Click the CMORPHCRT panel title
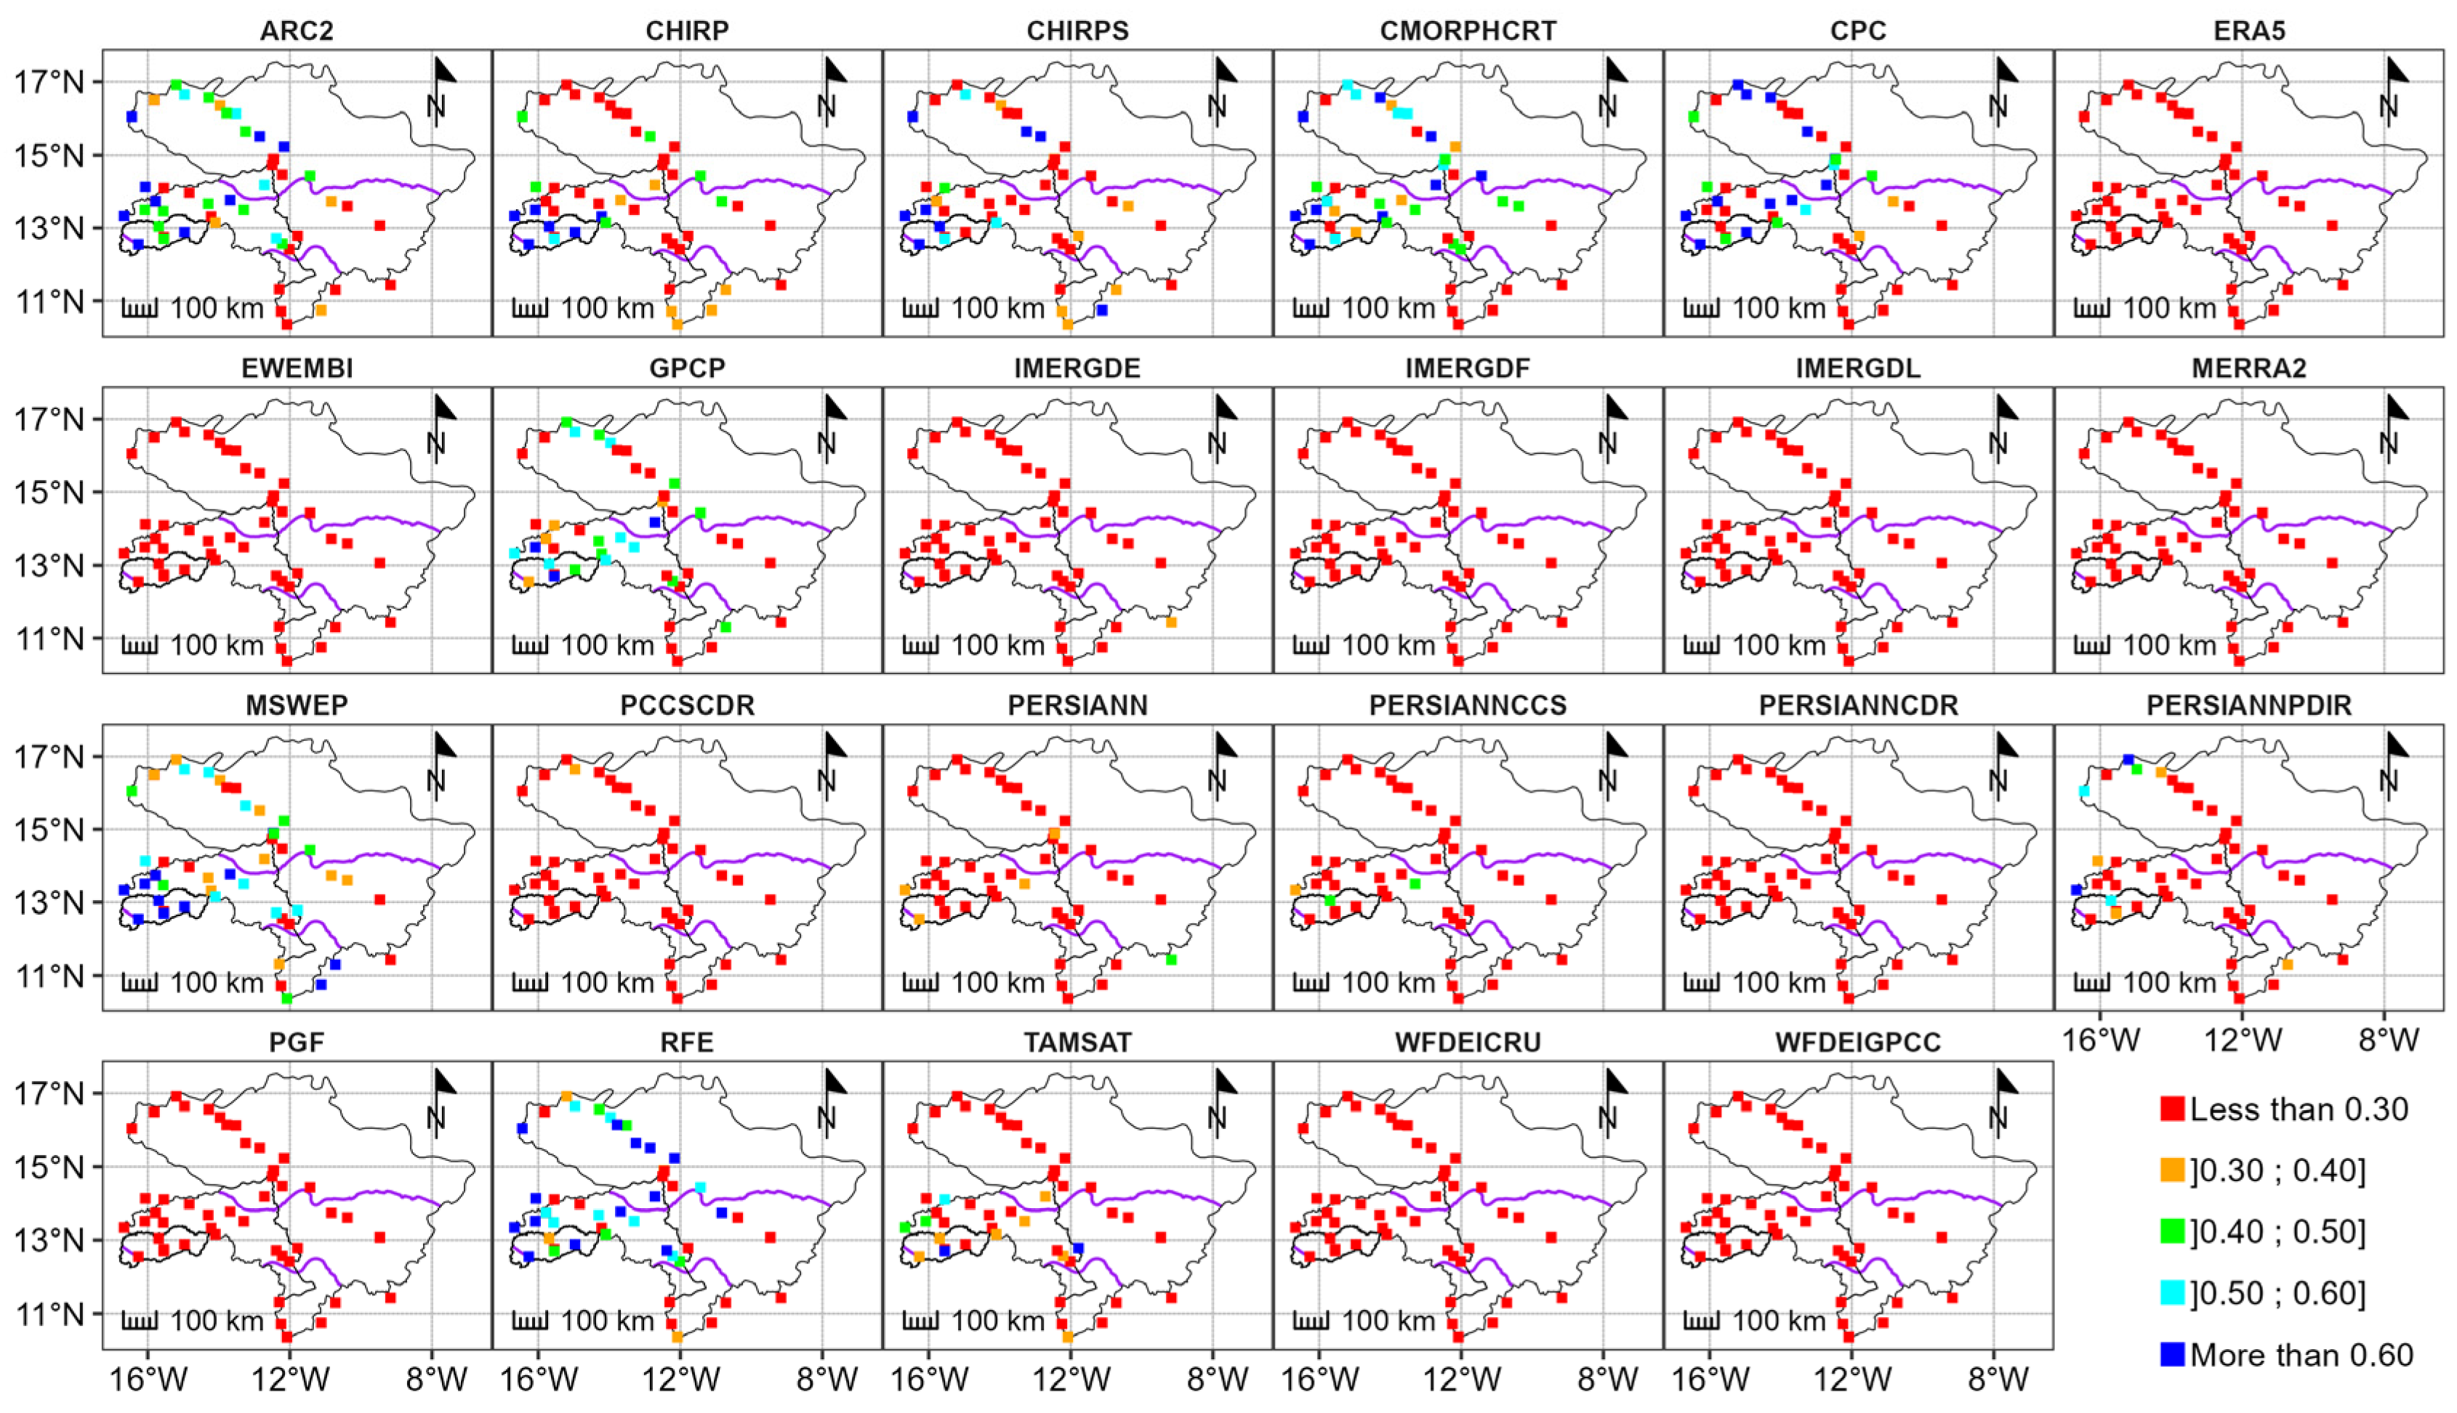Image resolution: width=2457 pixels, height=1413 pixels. click(x=1468, y=31)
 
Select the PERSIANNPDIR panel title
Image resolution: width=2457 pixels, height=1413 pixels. click(x=2248, y=705)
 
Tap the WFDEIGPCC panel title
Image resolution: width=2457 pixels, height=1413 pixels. click(x=1858, y=1042)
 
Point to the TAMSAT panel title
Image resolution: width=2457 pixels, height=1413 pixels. click(x=1077, y=1042)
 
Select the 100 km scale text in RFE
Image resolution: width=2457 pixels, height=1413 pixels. click(x=608, y=1321)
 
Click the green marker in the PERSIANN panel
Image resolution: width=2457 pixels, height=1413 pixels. click(x=1171, y=960)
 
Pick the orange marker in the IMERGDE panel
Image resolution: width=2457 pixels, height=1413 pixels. click(x=1171, y=622)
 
